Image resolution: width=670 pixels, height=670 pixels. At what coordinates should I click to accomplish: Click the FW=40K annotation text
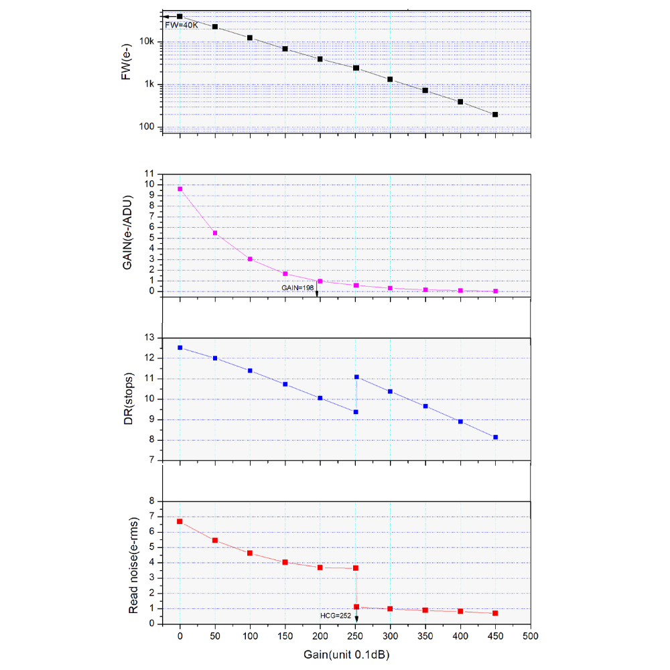(182, 25)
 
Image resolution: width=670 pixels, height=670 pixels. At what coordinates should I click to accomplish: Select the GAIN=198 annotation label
(297, 287)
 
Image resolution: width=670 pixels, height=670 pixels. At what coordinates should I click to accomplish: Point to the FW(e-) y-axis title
(127, 66)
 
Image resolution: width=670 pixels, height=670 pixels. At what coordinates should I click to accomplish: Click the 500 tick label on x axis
(531, 636)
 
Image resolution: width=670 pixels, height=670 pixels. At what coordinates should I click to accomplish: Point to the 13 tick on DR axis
(150, 338)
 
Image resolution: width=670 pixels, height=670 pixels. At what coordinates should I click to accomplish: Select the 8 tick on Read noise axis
(151, 500)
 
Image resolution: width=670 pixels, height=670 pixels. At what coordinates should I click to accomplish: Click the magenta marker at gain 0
(180, 189)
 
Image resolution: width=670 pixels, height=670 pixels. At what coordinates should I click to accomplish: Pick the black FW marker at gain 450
(495, 115)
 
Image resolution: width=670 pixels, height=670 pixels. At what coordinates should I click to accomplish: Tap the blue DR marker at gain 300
(390, 391)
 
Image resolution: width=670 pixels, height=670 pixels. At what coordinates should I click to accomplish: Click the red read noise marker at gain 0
(180, 521)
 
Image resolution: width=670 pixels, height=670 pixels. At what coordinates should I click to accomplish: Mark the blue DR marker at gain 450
(495, 438)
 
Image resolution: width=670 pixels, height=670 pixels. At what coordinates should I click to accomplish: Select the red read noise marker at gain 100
(250, 553)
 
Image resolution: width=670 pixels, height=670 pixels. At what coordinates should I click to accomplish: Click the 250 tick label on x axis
(355, 636)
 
